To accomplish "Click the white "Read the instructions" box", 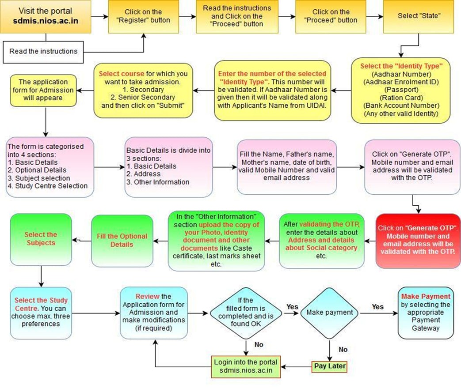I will pyautogui.click(x=43, y=51).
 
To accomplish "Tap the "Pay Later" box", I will pyautogui.click(x=329, y=366).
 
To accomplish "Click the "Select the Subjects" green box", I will pyautogui.click(x=40, y=239).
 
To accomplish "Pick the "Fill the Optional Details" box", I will pyautogui.click(x=122, y=240).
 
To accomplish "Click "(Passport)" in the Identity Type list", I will pyautogui.click(x=401, y=89).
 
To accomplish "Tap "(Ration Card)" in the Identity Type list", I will pyautogui.click(x=401, y=97).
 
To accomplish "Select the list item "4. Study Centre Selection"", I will pyautogui.click(x=48, y=186).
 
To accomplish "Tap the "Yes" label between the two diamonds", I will pyautogui.click(x=292, y=306).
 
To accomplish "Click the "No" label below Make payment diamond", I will pyautogui.click(x=343, y=349).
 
